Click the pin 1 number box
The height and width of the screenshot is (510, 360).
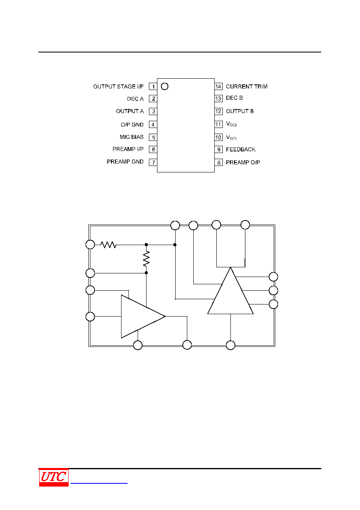pos(153,86)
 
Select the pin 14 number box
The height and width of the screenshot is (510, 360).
pos(218,86)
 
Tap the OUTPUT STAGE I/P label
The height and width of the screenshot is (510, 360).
pos(118,86)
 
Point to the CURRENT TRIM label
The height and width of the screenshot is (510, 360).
pos(247,86)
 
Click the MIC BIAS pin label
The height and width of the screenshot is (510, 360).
pos(132,137)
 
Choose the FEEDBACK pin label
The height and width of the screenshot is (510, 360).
pos(241,149)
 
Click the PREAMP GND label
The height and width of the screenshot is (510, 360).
pos(125,162)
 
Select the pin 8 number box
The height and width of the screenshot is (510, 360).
pos(218,162)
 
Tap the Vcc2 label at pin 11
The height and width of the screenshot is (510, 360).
pos(231,124)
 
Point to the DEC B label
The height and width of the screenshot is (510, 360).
pos(234,98)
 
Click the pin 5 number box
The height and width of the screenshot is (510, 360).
pos(153,137)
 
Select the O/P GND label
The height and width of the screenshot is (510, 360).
pos(132,124)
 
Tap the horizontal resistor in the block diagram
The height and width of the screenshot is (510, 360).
pos(108,245)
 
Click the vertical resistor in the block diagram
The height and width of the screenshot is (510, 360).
pos(147,259)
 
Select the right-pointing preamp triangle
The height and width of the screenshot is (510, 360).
pos(143,317)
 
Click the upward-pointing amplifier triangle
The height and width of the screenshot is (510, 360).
pos(230,291)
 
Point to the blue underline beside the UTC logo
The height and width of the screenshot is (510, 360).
pos(99,483)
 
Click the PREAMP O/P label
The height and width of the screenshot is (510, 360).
pos(243,162)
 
